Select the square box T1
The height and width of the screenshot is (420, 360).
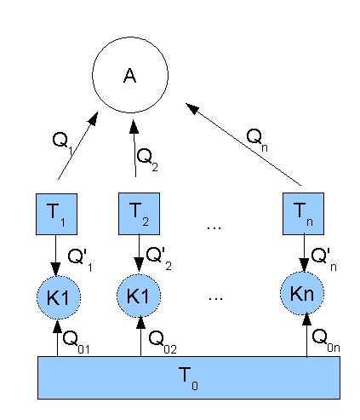[x=56, y=214]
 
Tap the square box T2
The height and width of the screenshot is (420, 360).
[x=139, y=214]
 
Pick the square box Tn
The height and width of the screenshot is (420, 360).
[x=303, y=214]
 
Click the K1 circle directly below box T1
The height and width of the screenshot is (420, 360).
[x=59, y=297]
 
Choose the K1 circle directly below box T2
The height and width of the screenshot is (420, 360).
[x=139, y=296]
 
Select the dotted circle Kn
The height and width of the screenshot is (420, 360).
[x=302, y=293]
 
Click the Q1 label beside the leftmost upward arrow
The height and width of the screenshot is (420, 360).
[x=63, y=143]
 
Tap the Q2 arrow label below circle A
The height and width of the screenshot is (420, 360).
[x=147, y=159]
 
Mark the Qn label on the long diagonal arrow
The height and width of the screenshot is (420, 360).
[x=257, y=140]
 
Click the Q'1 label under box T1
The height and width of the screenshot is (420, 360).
[x=80, y=260]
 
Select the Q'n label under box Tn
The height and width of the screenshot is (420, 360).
[x=323, y=259]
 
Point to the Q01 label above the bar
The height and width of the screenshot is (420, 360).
[x=76, y=342]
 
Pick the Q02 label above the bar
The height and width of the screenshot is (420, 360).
[x=163, y=342]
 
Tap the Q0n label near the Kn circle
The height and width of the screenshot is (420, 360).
[x=326, y=340]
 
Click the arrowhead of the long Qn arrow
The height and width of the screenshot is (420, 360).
[x=191, y=108]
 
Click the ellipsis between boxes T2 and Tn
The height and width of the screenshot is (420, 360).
[x=214, y=227]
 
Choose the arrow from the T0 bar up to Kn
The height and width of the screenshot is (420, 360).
[x=306, y=336]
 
